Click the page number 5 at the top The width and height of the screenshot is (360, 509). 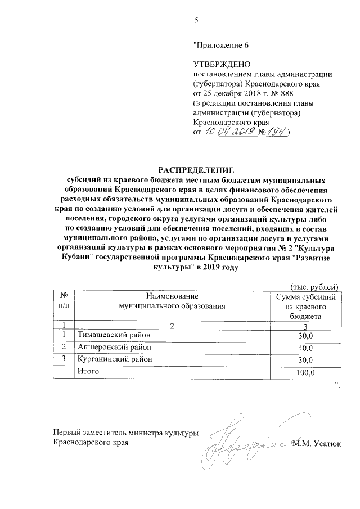[196, 21]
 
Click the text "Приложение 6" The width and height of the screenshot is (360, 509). [220, 45]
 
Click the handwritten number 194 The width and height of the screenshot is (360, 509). [276, 132]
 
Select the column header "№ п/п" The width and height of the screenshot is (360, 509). [64, 301]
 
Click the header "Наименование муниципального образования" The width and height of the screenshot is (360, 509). [172, 301]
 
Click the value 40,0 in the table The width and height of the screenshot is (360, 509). [306, 348]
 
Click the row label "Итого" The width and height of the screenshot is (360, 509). [88, 372]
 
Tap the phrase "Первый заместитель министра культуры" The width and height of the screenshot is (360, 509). [125, 433]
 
